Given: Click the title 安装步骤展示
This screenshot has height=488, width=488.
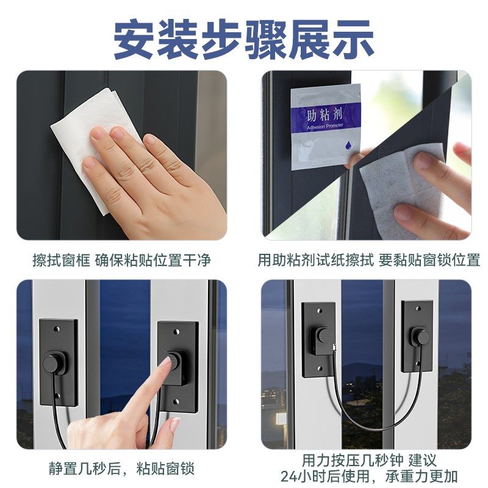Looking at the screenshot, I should (244, 38).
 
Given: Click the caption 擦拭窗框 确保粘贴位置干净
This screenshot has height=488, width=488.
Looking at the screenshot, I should (121, 260).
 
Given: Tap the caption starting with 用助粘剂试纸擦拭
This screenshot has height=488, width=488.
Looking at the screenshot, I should (369, 260).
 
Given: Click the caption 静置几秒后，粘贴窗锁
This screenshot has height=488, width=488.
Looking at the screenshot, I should (121, 468).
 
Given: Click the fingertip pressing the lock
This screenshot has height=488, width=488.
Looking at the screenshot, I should (165, 363).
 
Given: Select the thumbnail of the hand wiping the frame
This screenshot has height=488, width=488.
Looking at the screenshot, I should (121, 156).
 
